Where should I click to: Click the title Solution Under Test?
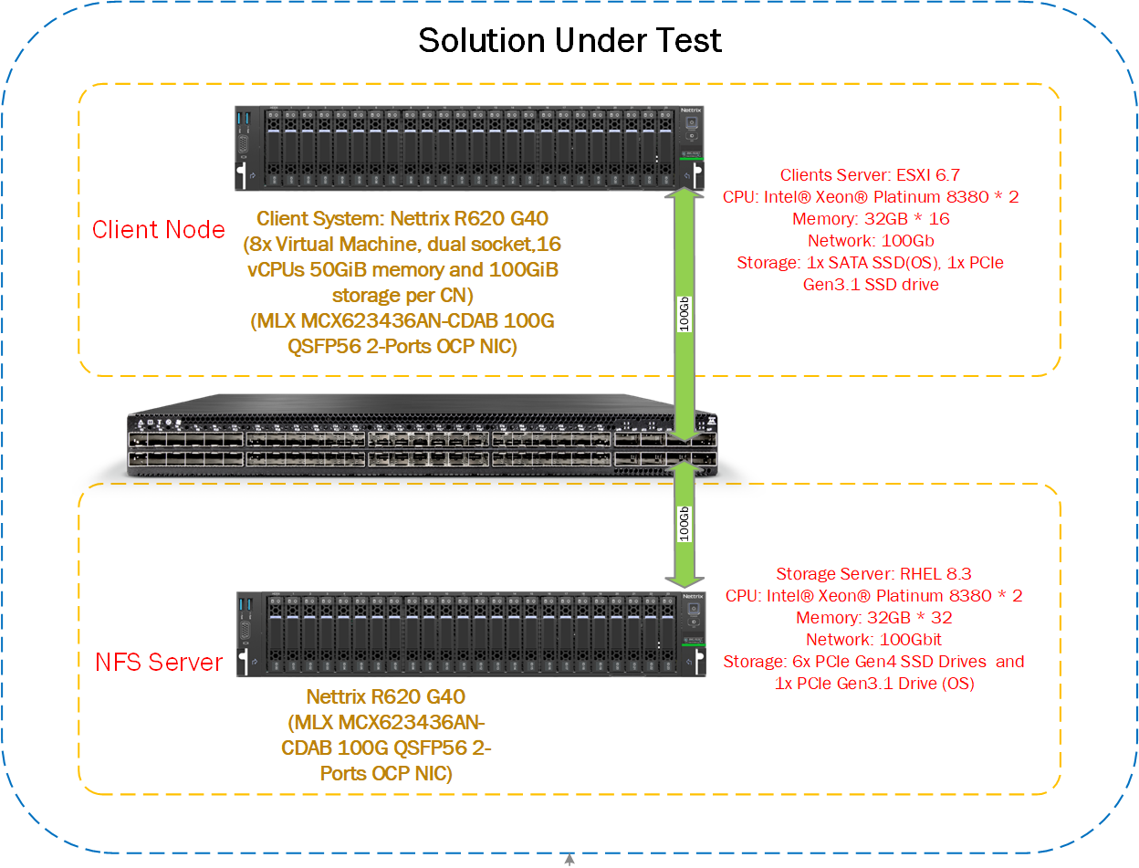tap(569, 40)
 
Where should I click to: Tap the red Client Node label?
tap(159, 230)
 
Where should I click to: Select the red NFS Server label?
tap(159, 662)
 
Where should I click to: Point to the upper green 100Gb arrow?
tap(684, 310)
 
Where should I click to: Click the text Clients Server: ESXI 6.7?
tap(870, 175)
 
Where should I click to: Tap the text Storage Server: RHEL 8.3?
tap(873, 574)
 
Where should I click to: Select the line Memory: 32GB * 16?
tap(873, 219)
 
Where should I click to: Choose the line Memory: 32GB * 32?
tap(873, 618)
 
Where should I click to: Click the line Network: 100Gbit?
tap(873, 640)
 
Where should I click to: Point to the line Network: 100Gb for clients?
tap(872, 241)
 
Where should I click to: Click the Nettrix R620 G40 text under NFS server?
tap(386, 697)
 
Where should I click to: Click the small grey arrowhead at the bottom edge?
tap(569, 860)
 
